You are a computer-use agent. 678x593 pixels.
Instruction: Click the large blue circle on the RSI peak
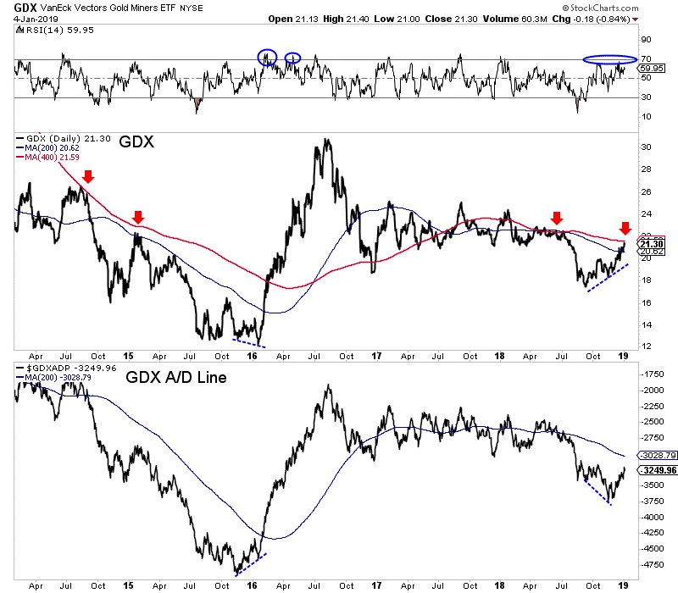(x=267, y=57)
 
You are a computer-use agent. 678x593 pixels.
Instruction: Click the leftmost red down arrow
(x=87, y=177)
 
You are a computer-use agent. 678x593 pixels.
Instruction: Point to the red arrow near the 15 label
(x=139, y=217)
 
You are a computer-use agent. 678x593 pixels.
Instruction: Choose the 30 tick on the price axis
(x=645, y=147)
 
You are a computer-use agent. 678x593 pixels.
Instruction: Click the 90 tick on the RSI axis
(x=645, y=39)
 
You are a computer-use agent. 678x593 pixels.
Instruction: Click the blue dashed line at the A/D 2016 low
(x=252, y=563)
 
